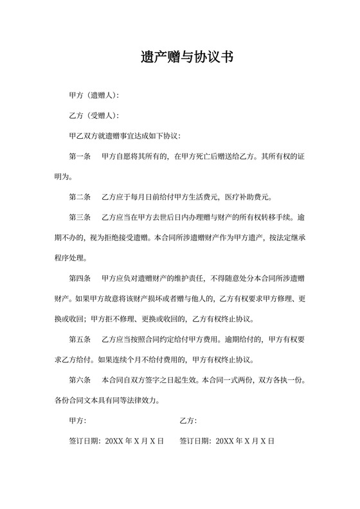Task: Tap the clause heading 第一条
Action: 80,156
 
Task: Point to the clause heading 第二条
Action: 80,197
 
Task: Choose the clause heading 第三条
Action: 80,217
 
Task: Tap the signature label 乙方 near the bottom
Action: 188,420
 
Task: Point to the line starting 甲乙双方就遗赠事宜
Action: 125,136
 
